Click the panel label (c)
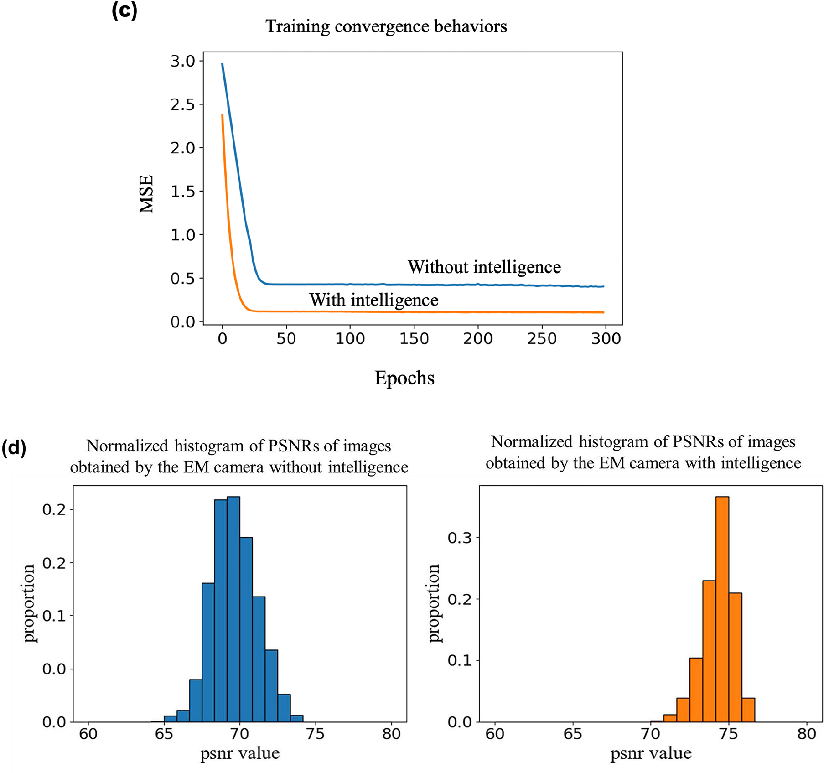coord(124,10)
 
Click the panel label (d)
coord(14,448)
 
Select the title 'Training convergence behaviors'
coord(386,26)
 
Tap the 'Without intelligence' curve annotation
coord(484,267)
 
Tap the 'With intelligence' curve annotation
coord(374,300)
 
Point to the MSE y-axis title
coord(146,194)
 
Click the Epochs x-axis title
coord(404,378)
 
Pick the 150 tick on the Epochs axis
coord(414,339)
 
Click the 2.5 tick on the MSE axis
coord(182,105)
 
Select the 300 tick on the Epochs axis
coord(606,339)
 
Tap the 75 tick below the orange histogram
coord(729,734)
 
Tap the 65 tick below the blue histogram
coord(164,734)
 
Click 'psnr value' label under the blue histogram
coord(240,753)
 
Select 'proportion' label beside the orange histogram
coord(435,603)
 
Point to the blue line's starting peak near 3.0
coord(222,64)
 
